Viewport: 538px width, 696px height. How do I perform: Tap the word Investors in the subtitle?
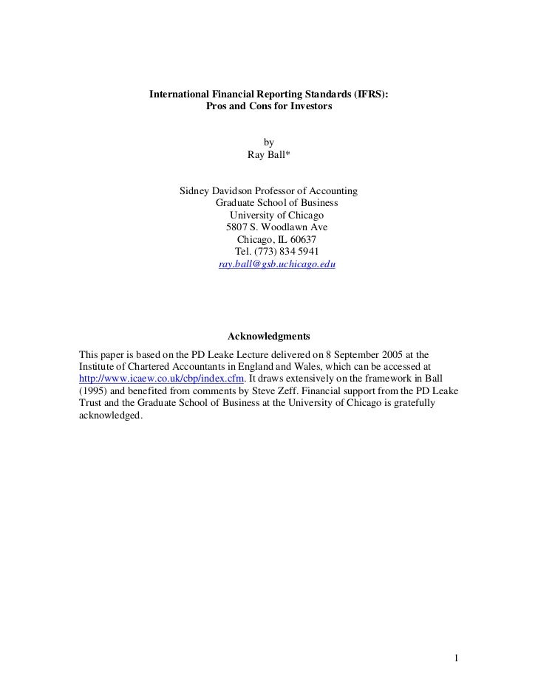310,107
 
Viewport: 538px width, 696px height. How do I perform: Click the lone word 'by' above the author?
269,142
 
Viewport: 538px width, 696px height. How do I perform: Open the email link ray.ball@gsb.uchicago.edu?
277,263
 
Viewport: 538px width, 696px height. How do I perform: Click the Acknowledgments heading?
269,337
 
